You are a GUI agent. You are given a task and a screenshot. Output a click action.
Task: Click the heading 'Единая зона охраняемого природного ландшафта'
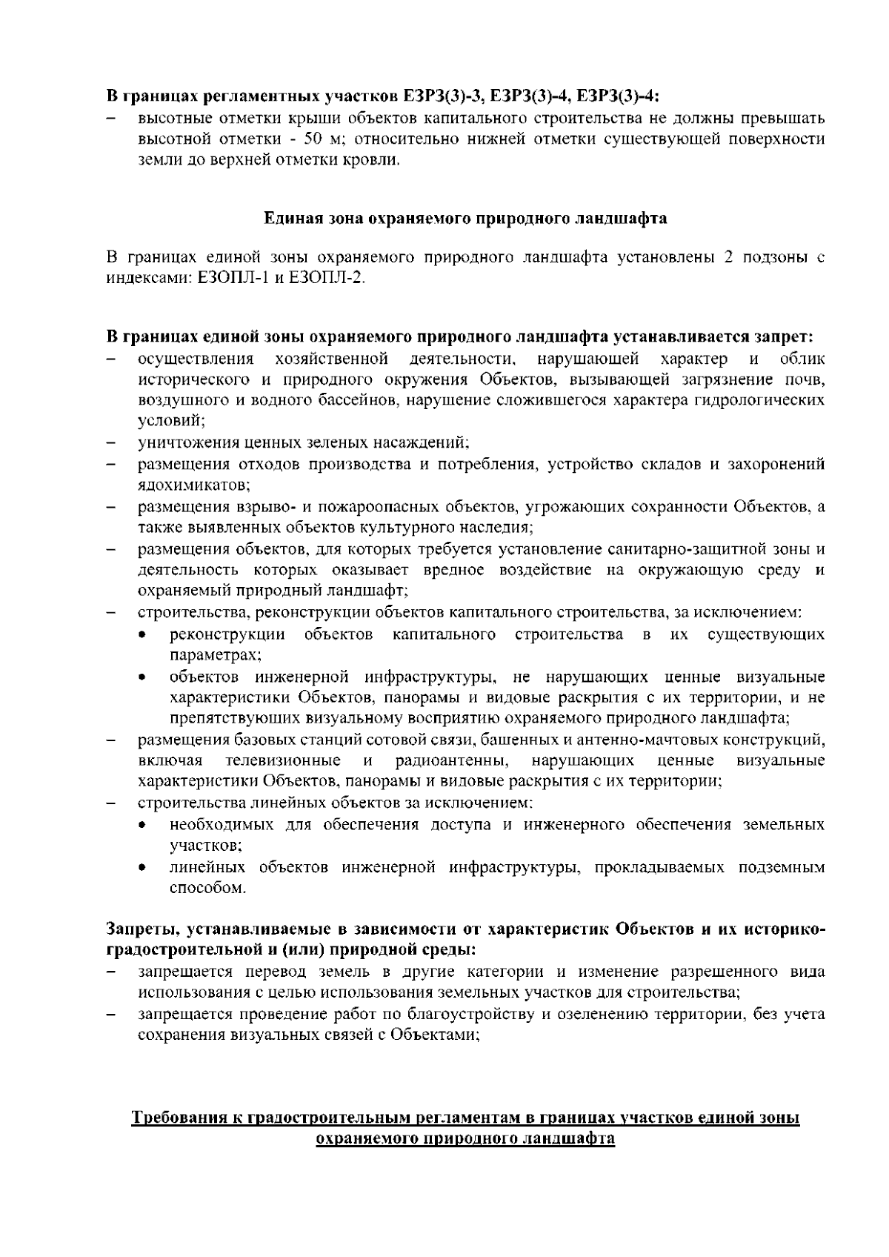tap(465, 219)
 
